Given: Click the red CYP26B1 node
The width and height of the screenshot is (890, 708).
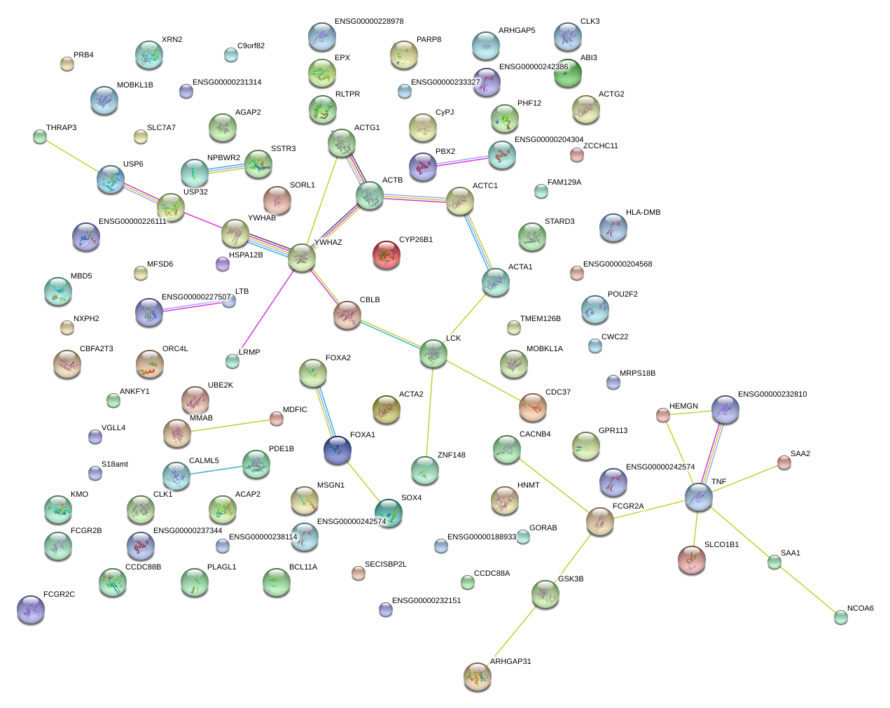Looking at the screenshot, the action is [x=387, y=255].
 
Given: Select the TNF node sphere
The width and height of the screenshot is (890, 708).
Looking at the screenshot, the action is [x=699, y=497].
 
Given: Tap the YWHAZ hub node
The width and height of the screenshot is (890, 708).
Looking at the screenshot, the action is [x=302, y=257].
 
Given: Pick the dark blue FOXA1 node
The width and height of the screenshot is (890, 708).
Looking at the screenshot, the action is [x=338, y=450].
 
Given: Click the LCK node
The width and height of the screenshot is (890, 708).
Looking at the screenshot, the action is [x=433, y=353].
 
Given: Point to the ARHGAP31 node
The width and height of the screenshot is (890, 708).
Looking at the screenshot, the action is [x=478, y=677].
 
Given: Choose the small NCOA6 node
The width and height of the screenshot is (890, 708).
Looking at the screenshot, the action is [x=841, y=617].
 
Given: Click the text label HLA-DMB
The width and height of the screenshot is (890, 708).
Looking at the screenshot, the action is [x=643, y=212].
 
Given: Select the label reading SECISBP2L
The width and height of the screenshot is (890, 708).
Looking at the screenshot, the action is [x=385, y=564].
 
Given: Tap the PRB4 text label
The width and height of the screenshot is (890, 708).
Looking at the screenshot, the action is [x=83, y=55].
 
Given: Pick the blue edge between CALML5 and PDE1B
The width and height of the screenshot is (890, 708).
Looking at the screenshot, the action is [x=216, y=470].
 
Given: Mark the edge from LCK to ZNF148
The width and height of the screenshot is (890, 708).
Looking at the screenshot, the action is [x=429, y=411].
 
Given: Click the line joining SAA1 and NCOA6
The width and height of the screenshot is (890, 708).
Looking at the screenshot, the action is [x=807, y=590].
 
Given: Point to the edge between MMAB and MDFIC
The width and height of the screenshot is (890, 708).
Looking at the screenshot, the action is [x=230, y=425].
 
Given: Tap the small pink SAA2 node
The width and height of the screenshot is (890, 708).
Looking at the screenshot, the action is [x=784, y=462].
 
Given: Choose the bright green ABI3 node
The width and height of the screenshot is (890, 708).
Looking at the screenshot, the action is [x=568, y=73].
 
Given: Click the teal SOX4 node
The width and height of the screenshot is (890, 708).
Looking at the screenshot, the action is [x=389, y=513].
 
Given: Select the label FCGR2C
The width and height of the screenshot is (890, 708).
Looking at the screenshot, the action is [x=59, y=594].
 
